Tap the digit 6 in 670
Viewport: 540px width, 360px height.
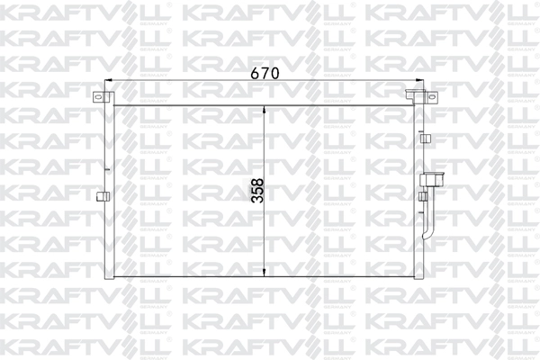coord(254,72)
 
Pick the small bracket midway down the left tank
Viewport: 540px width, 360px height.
coord(101,195)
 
